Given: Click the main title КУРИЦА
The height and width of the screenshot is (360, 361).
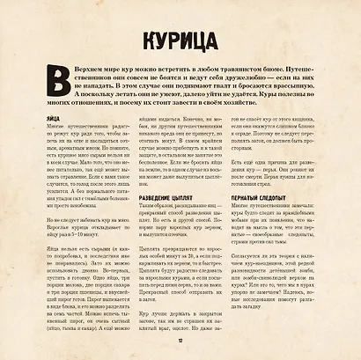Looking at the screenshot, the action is click(180, 42).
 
